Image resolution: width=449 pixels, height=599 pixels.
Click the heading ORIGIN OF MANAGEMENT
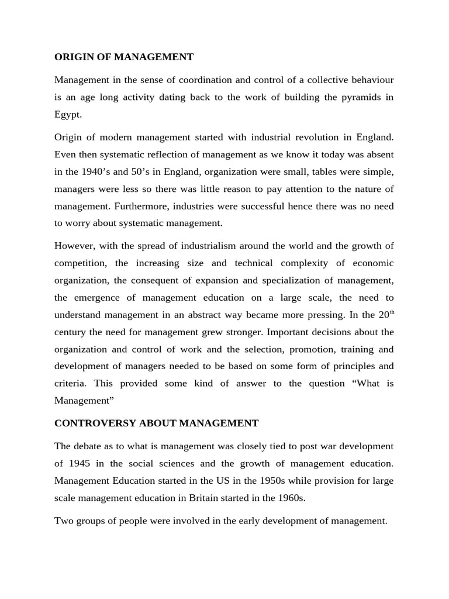click(123, 57)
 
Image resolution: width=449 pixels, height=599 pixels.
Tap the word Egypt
click(68, 115)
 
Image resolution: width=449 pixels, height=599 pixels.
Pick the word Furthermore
click(132, 206)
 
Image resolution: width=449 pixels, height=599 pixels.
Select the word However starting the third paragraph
click(75, 245)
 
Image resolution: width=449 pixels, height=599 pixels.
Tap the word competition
click(81, 263)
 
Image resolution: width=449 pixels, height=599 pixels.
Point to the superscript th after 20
click(392, 312)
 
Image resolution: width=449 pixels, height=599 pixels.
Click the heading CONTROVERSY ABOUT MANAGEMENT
click(156, 422)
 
